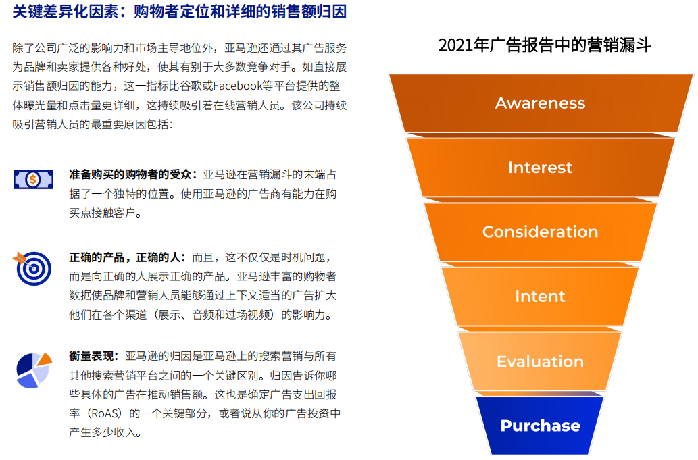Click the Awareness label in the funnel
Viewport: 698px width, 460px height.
(540, 103)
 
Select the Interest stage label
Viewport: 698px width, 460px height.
(540, 168)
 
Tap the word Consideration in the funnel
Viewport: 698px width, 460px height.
(540, 232)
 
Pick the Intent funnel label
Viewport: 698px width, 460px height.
(540, 297)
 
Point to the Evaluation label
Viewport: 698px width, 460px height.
(540, 361)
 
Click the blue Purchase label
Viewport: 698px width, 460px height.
(541, 426)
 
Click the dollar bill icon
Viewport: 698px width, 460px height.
(33, 180)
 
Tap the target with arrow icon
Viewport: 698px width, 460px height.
(32, 267)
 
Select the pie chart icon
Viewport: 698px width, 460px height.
(34, 370)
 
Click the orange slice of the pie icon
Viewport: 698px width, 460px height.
(45, 359)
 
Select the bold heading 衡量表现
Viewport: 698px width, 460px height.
(91, 357)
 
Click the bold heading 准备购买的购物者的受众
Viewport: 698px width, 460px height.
(130, 174)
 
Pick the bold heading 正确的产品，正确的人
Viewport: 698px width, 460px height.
(124, 257)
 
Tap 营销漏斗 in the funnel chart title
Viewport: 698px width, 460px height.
(619, 45)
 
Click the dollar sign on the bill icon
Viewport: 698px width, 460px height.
(33, 180)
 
